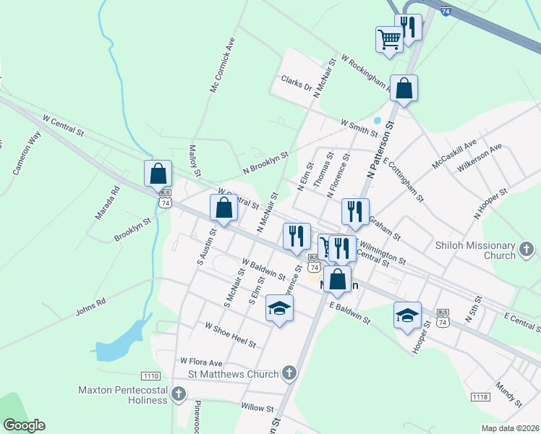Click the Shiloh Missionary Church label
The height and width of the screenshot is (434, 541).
coord(476,250)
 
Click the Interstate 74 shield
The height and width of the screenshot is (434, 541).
coord(446,12)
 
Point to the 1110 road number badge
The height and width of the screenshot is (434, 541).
coord(151,375)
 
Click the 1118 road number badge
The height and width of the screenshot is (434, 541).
coord(480,397)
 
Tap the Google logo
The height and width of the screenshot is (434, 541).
coord(25,425)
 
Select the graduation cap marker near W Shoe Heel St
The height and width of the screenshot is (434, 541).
coord(278,310)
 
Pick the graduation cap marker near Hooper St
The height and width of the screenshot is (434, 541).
coord(407,315)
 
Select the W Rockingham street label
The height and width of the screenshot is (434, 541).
coord(366,75)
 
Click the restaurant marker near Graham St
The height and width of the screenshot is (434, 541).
coord(355,211)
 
